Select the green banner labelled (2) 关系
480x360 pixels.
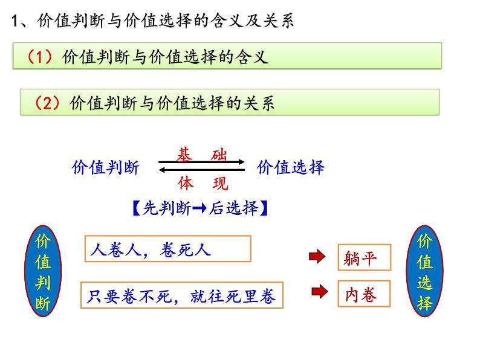pyautogui.click(x=230, y=102)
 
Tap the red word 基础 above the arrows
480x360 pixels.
pyautogui.click(x=202, y=155)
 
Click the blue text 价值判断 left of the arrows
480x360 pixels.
pyautogui.click(x=105, y=168)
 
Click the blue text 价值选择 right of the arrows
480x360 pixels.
pyautogui.click(x=291, y=167)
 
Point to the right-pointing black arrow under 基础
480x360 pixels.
pyautogui.click(x=201, y=162)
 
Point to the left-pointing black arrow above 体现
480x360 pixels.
pyautogui.click(x=201, y=171)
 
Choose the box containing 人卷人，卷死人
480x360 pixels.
pyautogui.click(x=168, y=249)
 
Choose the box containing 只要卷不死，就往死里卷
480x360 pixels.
pyautogui.click(x=181, y=295)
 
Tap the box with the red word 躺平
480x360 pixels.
pyautogui.click(x=364, y=258)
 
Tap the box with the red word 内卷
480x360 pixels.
pyautogui.click(x=364, y=294)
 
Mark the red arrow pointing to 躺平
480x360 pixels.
pyautogui.click(x=316, y=257)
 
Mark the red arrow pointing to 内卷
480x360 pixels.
pyautogui.click(x=319, y=293)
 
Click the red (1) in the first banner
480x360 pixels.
pyautogui.click(x=41, y=57)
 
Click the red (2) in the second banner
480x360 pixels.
pyautogui.click(x=47, y=103)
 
